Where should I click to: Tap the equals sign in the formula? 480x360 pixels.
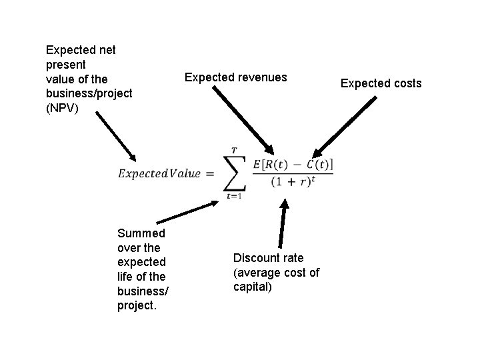coord(209,174)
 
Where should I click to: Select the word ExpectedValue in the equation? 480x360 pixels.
coord(159,173)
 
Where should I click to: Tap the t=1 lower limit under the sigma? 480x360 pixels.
coord(233,196)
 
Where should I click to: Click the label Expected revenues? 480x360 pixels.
coord(235,77)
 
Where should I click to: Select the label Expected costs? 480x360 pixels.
coord(381,83)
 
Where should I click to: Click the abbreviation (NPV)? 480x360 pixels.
coord(62,107)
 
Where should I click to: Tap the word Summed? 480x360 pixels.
coord(141,233)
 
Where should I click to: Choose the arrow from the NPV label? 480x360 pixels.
coord(115,136)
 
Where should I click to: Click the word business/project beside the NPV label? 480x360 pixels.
coord(89,93)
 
